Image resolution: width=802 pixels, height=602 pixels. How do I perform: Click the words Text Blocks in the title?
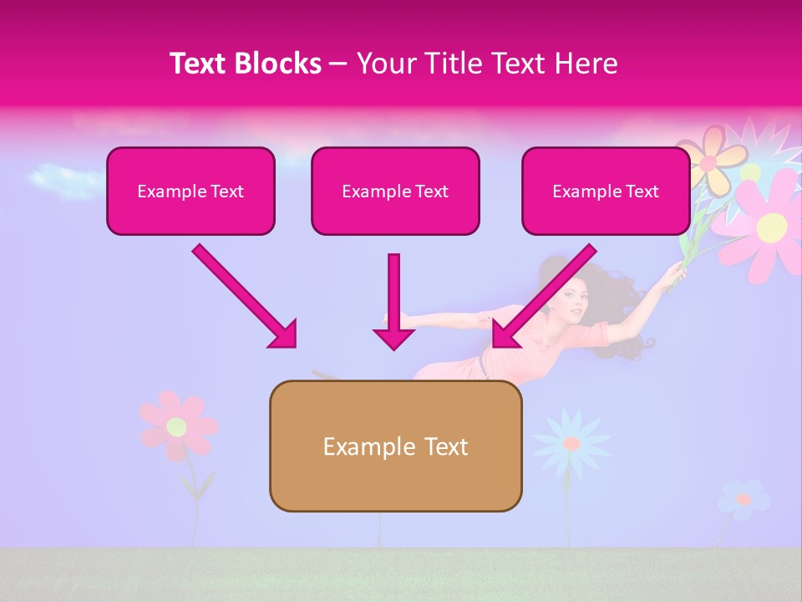246,64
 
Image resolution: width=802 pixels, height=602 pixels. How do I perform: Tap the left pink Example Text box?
190,191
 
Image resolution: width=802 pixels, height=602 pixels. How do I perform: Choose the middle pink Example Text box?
395,191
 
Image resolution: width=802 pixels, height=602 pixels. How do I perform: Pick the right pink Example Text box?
606,191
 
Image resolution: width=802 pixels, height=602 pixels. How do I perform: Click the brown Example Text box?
395,446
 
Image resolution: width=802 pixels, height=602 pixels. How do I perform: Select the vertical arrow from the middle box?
393,301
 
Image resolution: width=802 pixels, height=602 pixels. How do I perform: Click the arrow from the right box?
543,296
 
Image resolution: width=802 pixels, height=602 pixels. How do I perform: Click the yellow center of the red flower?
175,427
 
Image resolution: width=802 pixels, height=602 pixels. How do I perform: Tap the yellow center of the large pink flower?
772,224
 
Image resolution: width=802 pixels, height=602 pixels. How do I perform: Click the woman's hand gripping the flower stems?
673,276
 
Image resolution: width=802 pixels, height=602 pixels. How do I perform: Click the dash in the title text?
338,64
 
